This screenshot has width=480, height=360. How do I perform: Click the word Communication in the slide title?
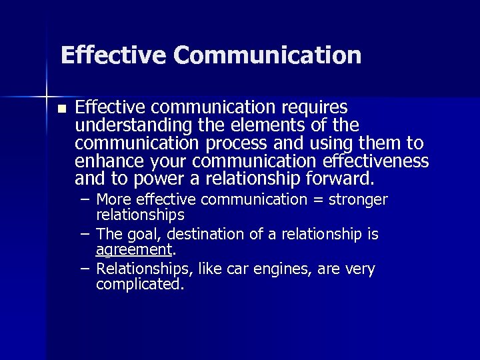[268, 55]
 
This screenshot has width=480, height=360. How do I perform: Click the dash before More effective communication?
[86, 200]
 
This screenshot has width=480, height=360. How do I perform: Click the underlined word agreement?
[134, 250]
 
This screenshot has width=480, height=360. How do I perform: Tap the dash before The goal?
[86, 235]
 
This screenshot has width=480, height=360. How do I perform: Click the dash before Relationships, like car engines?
[86, 269]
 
